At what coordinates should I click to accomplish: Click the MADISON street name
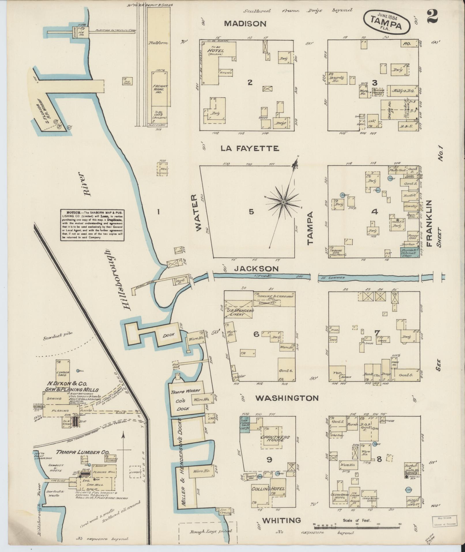(x=245, y=24)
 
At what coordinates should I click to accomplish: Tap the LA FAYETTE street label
(x=250, y=148)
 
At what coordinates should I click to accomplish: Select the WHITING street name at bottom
(x=281, y=520)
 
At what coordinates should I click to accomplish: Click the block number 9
(x=269, y=460)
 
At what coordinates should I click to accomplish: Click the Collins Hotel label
(x=268, y=489)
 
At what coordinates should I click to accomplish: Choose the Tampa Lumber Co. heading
(x=80, y=452)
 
